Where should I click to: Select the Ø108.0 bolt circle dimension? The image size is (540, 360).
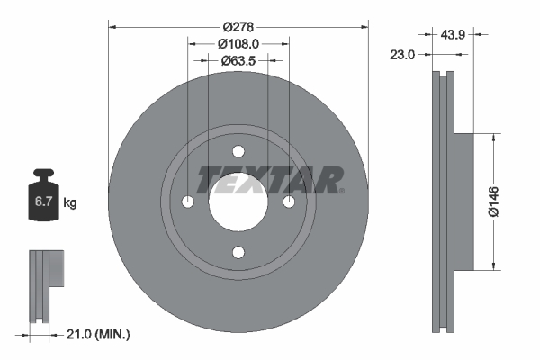[238, 41]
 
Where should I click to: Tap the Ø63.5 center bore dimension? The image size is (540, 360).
[238, 61]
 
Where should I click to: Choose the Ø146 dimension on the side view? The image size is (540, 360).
[506, 202]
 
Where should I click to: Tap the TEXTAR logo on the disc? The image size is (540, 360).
[270, 179]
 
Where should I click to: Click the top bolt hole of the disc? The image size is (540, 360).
[238, 152]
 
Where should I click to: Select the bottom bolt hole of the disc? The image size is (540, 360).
[238, 253]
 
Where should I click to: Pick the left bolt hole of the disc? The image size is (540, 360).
[188, 202]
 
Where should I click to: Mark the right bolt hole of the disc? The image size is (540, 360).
[289, 202]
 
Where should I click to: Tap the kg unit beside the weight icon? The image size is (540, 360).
[70, 203]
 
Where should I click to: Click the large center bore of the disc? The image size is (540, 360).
[238, 202]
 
